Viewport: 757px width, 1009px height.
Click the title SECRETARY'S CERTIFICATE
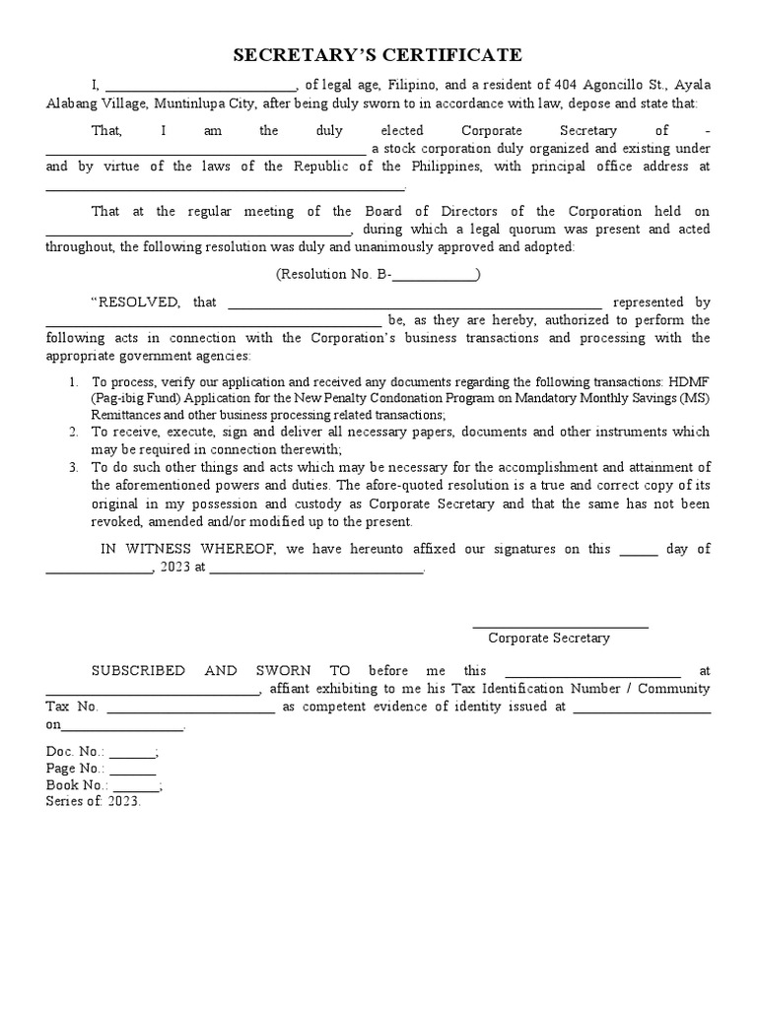coord(378,55)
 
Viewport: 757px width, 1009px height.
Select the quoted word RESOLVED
coord(135,303)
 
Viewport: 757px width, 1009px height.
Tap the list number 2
coord(73,432)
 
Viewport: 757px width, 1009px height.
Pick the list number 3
coord(73,467)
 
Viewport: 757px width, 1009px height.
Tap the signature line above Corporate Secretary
coord(560,626)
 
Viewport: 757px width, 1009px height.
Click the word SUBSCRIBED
coord(138,670)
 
